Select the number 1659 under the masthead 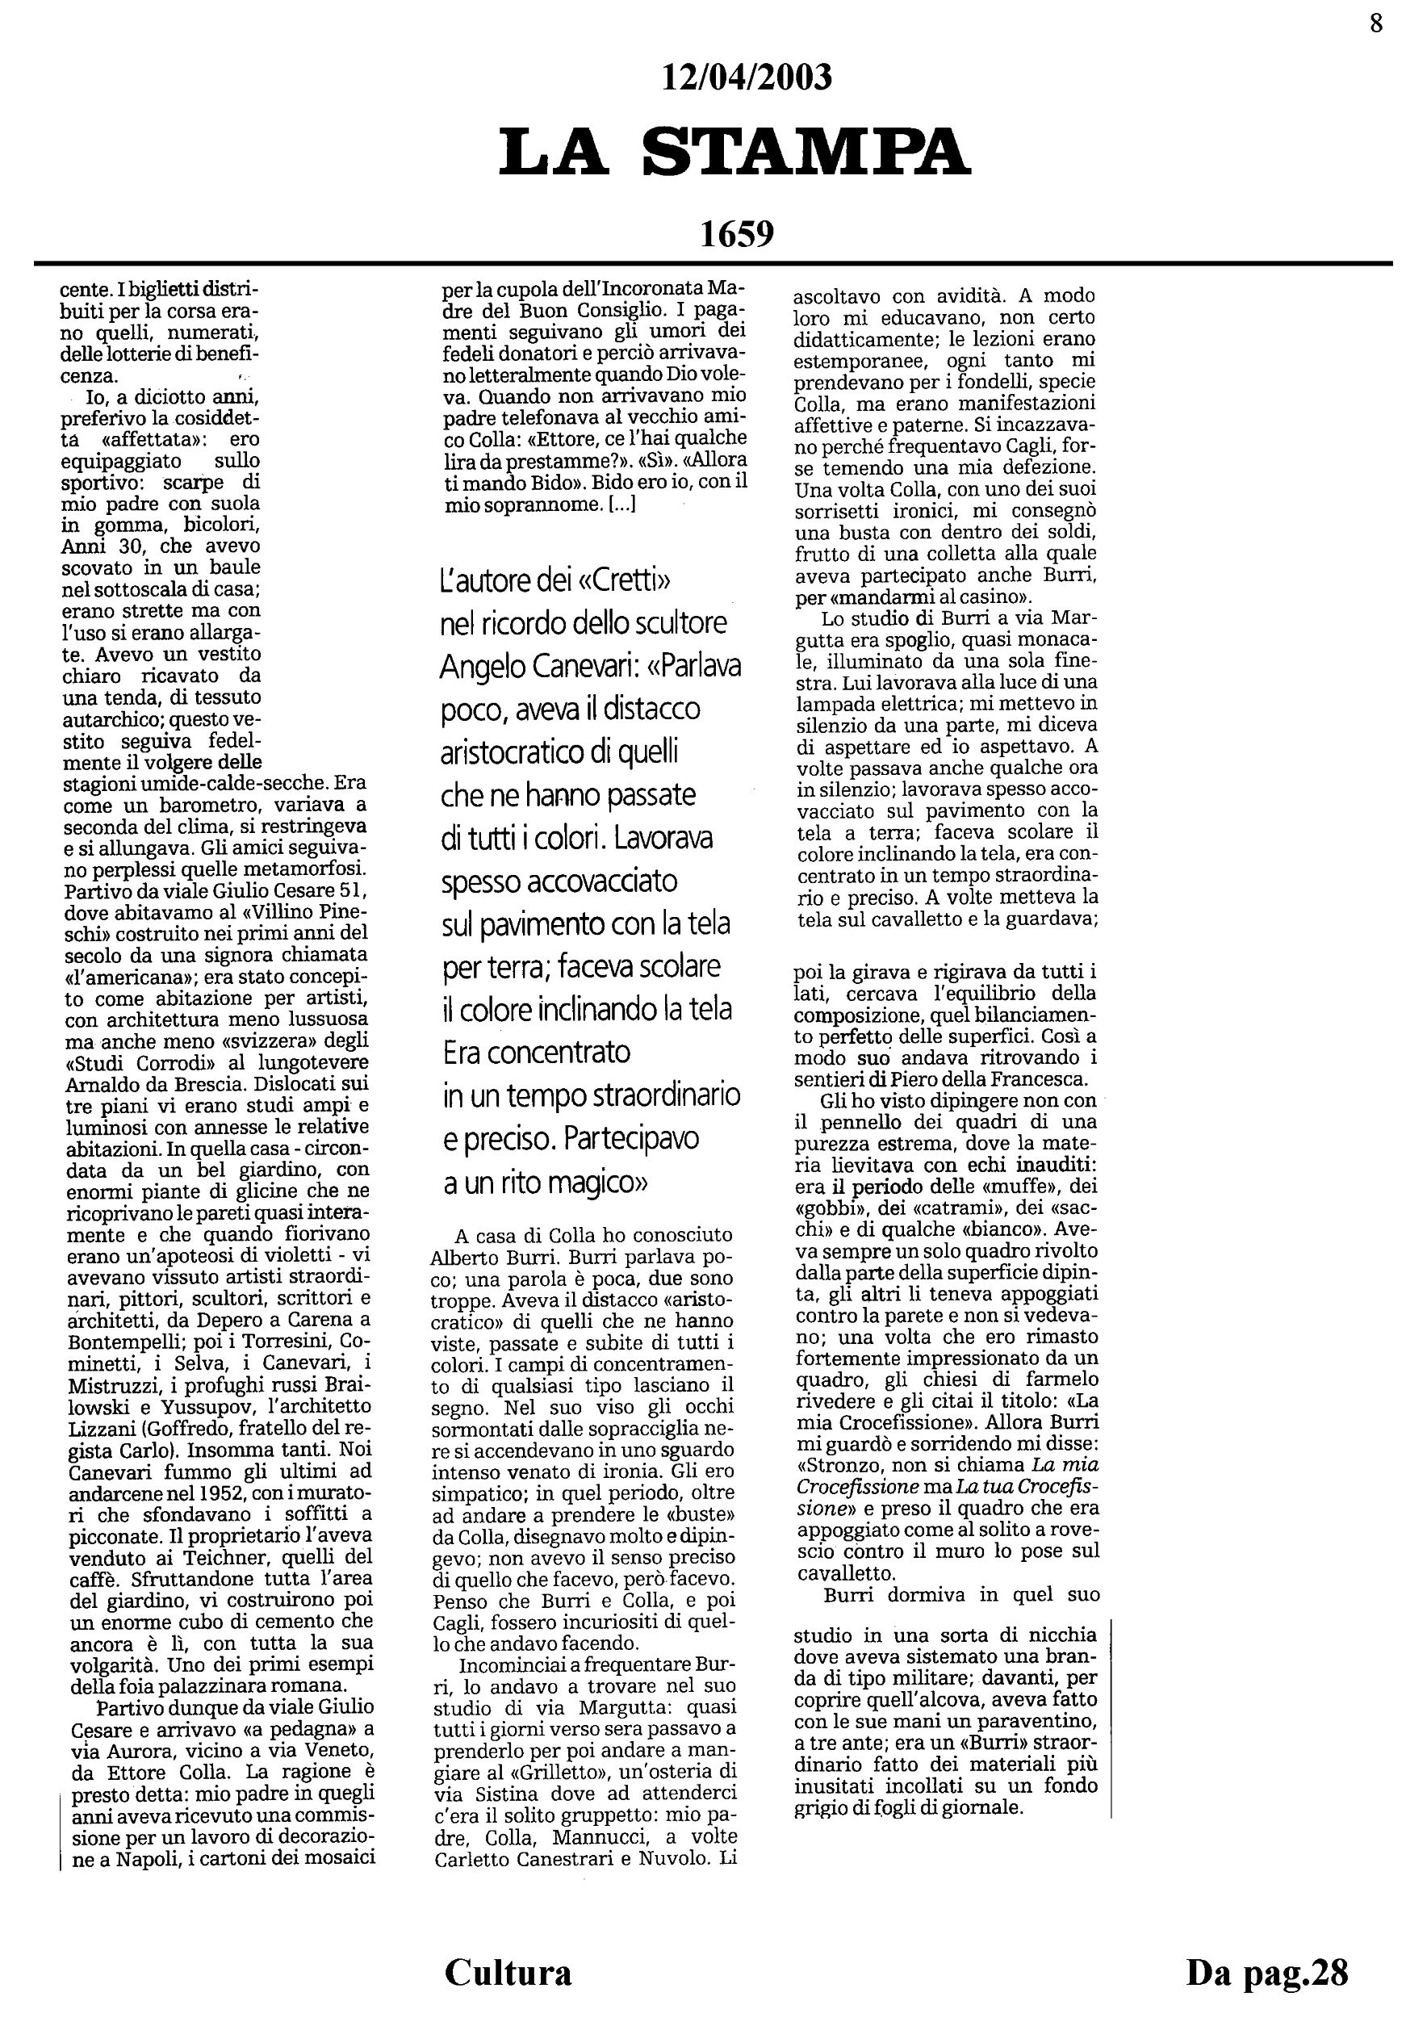tap(736, 234)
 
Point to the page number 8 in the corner tap(1376, 23)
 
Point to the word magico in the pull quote tap(595, 1183)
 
